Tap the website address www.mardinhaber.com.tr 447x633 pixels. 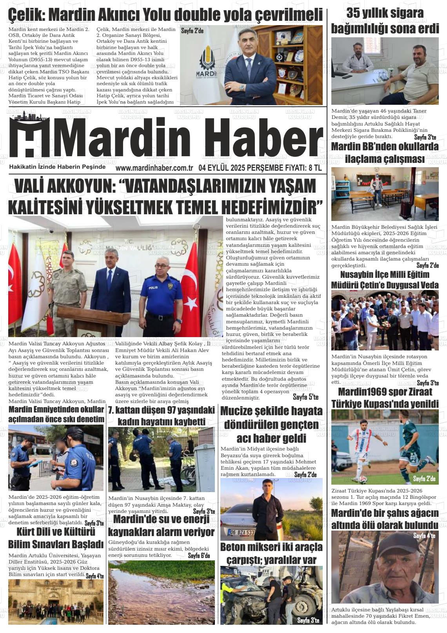tap(154, 168)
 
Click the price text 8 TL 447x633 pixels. tap(315, 168)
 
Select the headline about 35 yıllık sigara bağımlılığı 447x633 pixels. tap(385, 20)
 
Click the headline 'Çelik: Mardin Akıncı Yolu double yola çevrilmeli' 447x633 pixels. tap(165, 15)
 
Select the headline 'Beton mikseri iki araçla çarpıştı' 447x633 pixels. tap(271, 553)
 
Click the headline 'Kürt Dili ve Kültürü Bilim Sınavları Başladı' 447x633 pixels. tap(56, 538)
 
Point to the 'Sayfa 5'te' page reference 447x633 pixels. tap(305, 397)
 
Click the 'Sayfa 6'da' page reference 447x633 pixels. tap(199, 555)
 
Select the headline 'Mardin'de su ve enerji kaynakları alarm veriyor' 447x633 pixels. tap(161, 526)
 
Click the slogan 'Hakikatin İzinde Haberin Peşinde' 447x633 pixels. tap(57, 167)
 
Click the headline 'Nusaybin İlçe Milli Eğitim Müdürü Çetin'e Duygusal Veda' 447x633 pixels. tap(385, 279)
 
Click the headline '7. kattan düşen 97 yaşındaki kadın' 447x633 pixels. tap(161, 416)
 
